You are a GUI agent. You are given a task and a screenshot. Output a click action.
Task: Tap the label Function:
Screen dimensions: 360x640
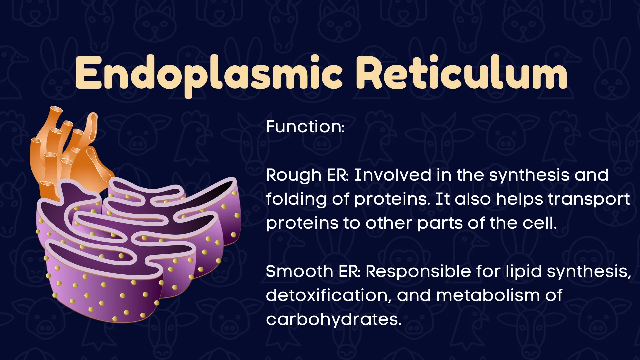pyautogui.click(x=305, y=127)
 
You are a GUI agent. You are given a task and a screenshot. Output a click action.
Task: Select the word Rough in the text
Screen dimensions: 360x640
pyautogui.click(x=294, y=176)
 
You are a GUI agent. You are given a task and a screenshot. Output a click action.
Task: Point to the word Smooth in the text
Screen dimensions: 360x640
pyautogui.click(x=299, y=271)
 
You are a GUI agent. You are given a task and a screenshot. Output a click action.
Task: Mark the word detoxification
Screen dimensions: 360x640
pyautogui.click(x=329, y=295)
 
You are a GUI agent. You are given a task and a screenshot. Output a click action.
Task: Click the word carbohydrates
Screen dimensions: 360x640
pyautogui.click(x=333, y=320)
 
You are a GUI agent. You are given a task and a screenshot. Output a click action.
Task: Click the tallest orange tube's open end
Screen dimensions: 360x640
pyautogui.click(x=56, y=109)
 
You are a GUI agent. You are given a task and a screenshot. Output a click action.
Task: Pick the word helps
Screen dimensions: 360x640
pyautogui.click(x=520, y=200)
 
